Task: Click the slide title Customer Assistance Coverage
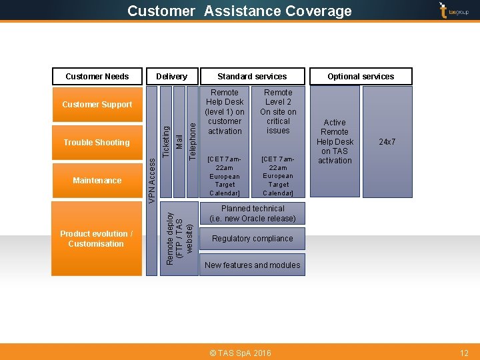point(239,11)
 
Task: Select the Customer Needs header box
point(97,77)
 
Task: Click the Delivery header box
point(171,77)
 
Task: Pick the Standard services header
point(252,77)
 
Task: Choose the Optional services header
point(361,77)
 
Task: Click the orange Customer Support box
point(97,105)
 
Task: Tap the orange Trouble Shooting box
point(97,143)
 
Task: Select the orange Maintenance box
point(97,181)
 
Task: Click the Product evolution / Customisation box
point(97,239)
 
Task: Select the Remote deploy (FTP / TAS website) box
point(179,238)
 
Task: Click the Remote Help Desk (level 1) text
point(225,111)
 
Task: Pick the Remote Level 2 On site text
point(278,111)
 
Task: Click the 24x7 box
point(387,142)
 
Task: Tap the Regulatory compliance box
point(252,239)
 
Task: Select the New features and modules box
point(252,265)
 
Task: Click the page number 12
point(465,353)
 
